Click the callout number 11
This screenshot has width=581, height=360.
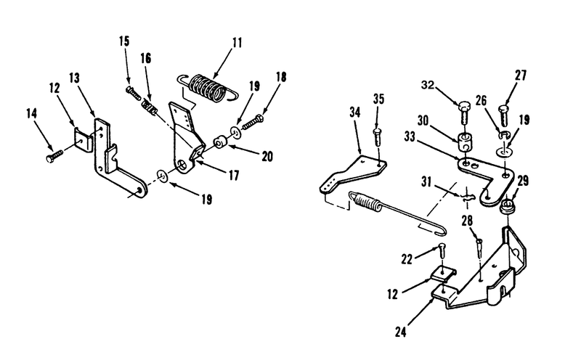coord(237,43)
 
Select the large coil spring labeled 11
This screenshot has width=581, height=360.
coord(208,88)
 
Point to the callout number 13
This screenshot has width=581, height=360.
coord(75,78)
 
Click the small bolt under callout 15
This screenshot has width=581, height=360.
coord(134,93)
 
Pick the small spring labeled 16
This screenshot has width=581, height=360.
coord(150,107)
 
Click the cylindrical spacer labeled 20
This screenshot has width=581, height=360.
coord(220,142)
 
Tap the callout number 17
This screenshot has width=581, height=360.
coord(234,175)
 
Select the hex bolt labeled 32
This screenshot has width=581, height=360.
coord(463,112)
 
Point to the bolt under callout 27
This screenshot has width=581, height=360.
coord(504,115)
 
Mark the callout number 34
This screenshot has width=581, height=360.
coord(354,112)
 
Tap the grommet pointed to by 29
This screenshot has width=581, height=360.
coord(507,207)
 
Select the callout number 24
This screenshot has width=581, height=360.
coord(401,332)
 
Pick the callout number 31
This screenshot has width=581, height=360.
coord(426,182)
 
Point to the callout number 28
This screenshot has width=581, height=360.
coord(467,221)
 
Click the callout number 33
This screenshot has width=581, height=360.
coord(410,136)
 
